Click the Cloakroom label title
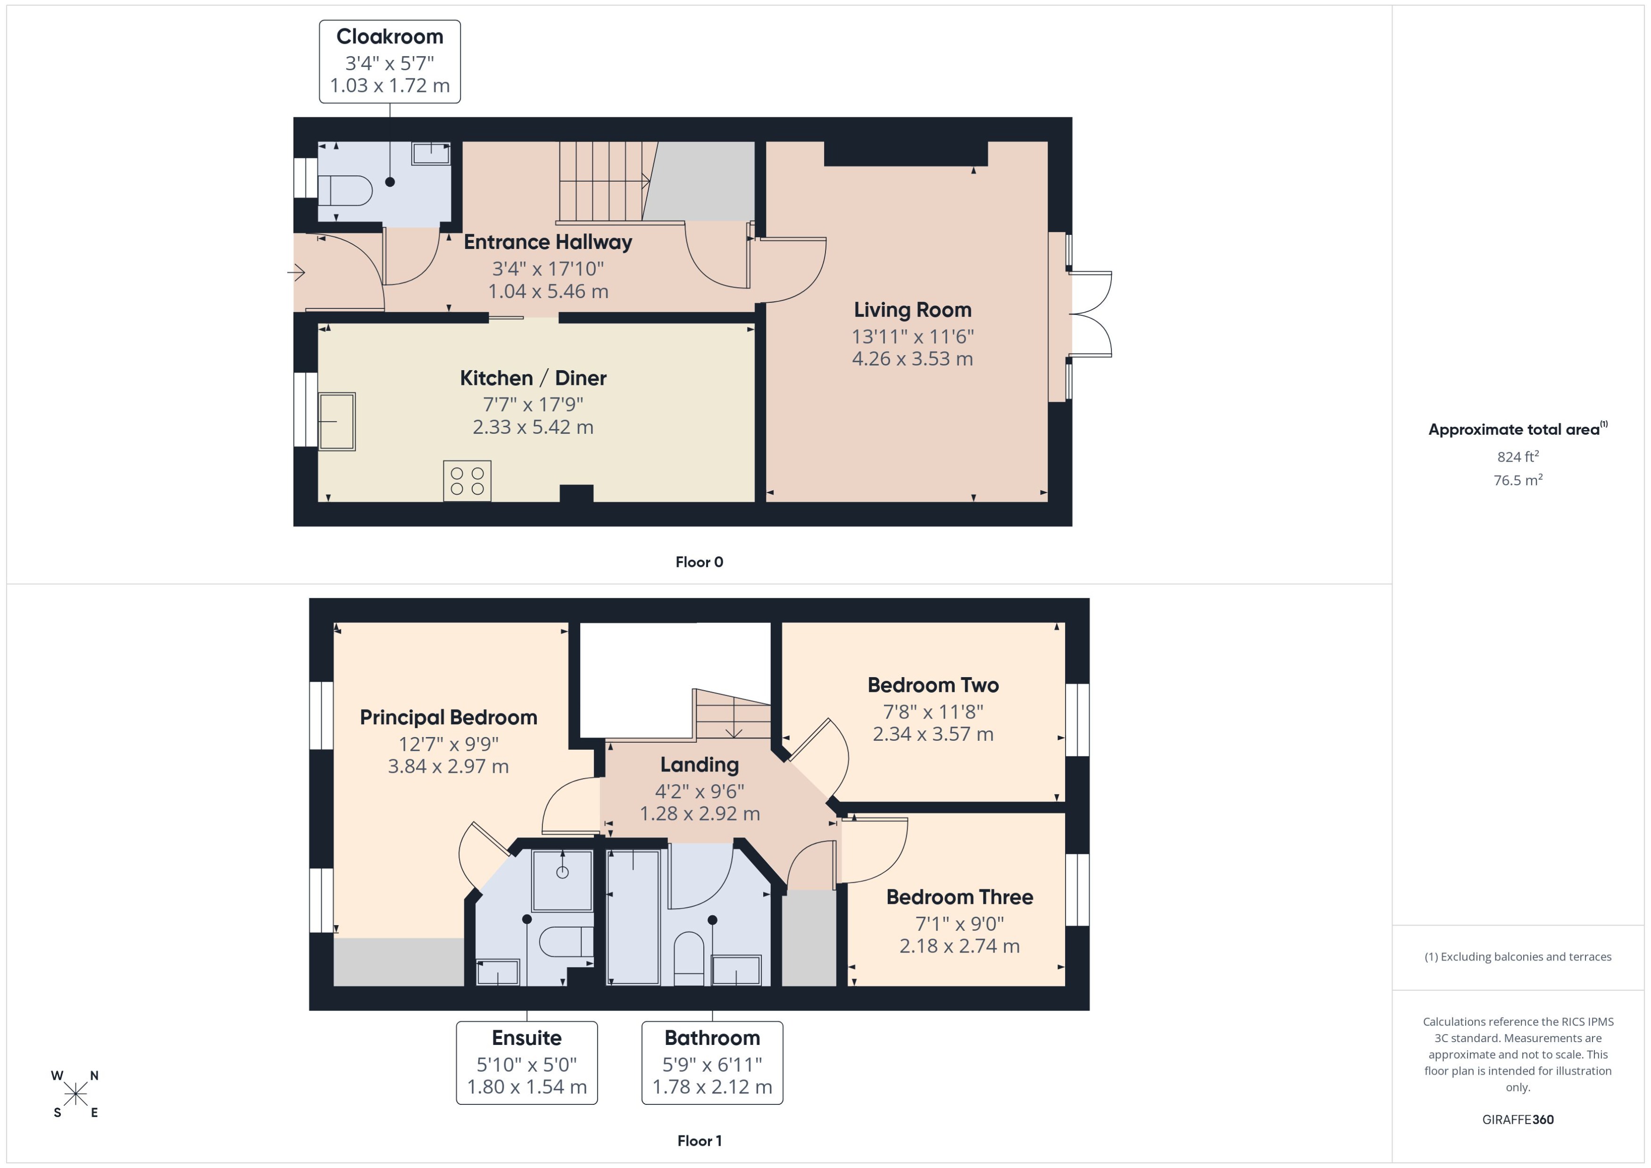click(x=389, y=37)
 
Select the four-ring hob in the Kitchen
click(x=467, y=481)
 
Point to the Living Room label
click(x=912, y=310)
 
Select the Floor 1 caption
click(x=699, y=1141)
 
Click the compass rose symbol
click(x=75, y=1094)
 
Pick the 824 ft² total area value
click(x=1517, y=457)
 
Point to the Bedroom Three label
click(x=959, y=897)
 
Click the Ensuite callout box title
click(x=526, y=1038)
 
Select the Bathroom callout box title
click(x=711, y=1038)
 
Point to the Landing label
click(x=699, y=764)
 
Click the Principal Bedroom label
click(x=448, y=717)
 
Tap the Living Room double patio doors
click(x=1090, y=315)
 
